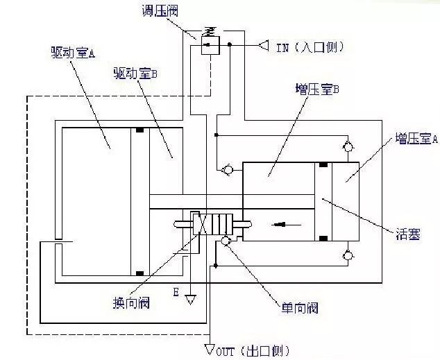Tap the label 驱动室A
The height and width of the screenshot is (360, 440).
point(72,53)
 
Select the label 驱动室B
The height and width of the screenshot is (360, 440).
point(135,73)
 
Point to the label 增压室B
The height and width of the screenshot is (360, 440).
point(315,89)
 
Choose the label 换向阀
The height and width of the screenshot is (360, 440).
point(131,303)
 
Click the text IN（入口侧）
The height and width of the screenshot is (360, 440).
point(310,47)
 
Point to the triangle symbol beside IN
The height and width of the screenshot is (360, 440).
point(263,46)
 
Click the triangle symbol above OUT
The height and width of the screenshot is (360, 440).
point(210,348)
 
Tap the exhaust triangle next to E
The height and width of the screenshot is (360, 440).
point(189,300)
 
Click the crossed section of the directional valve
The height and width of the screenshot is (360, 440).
point(198,224)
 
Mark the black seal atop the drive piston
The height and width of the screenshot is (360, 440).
point(141,130)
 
